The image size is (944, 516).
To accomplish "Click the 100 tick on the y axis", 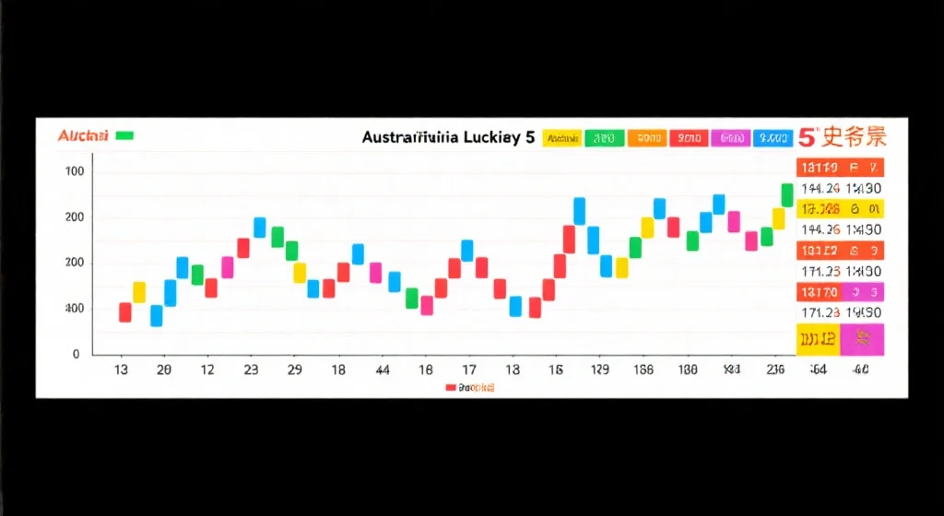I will pos(75,172).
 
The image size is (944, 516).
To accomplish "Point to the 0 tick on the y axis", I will pos(76,354).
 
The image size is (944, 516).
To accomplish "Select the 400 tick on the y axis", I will pos(73,308).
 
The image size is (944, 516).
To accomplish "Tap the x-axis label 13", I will pos(120,369).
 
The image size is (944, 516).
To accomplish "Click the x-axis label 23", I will pos(251,369).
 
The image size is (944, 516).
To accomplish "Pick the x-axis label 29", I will pos(294,369).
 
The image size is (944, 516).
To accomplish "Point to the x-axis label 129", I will pos(599,369).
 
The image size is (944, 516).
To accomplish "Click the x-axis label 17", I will pos(468,369).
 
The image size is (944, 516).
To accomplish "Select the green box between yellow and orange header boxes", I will pos(605,138).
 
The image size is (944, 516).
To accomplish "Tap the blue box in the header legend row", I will pos(772,138).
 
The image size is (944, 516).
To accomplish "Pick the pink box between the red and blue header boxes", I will pos(730,138).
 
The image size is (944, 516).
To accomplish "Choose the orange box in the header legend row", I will pos(646,138).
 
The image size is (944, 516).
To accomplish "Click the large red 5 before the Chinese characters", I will pos(807,138).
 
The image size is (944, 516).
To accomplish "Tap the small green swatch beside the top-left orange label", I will pos(124,136).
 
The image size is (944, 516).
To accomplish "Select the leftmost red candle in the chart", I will pos(125,312).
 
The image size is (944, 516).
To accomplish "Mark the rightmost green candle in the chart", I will pos(787,194).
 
